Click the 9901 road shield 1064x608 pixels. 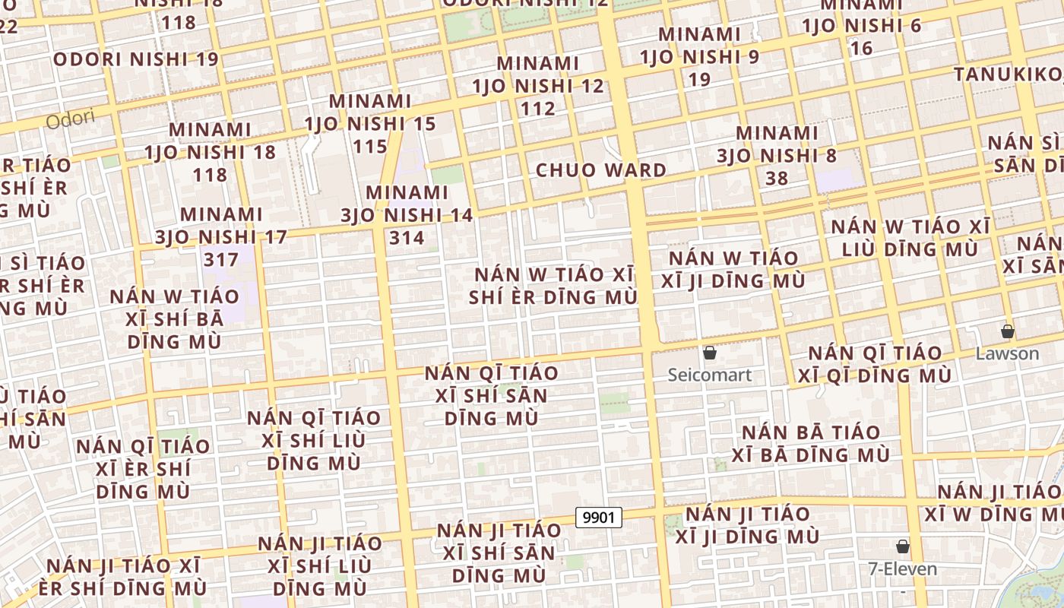tap(599, 518)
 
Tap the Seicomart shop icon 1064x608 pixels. tap(710, 353)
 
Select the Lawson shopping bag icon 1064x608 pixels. tap(1008, 331)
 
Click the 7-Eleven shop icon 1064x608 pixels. tap(903, 546)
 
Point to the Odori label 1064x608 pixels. tap(70, 119)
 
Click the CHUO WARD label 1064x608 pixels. tap(601, 170)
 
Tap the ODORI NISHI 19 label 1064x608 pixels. tap(136, 59)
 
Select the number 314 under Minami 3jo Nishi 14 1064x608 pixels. tap(407, 238)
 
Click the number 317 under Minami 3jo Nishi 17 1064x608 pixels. tap(221, 259)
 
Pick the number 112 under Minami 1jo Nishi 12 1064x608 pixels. tap(538, 109)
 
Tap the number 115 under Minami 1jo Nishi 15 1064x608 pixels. tap(371, 146)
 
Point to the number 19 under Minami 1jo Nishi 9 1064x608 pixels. tap(699, 79)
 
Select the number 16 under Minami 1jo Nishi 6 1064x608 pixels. tap(862, 49)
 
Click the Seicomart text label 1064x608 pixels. tap(710, 375)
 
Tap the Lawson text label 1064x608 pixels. tap(1007, 353)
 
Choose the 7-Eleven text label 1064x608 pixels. tap(903, 568)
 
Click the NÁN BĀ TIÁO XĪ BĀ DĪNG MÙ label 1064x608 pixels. tap(811, 444)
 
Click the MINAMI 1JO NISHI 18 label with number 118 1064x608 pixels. tap(210, 152)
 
